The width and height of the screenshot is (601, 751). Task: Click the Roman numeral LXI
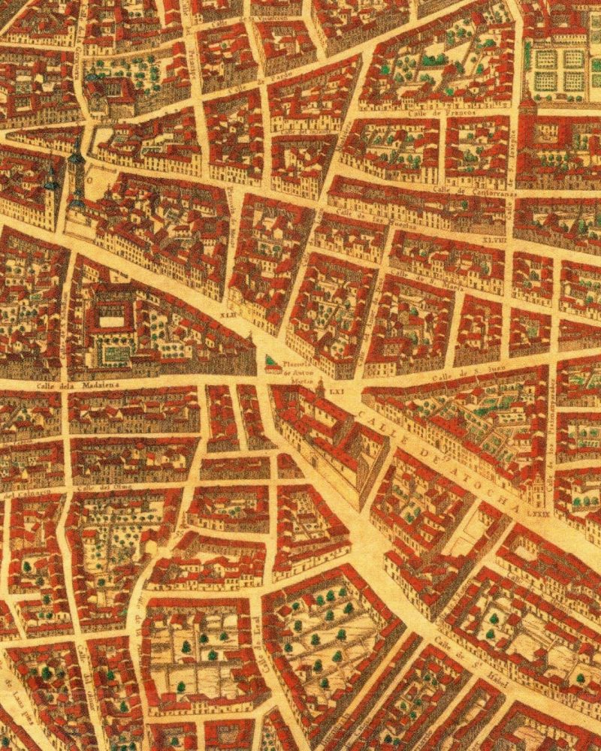pyautogui.click(x=337, y=391)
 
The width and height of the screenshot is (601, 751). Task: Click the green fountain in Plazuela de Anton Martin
pyautogui.click(x=270, y=364)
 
